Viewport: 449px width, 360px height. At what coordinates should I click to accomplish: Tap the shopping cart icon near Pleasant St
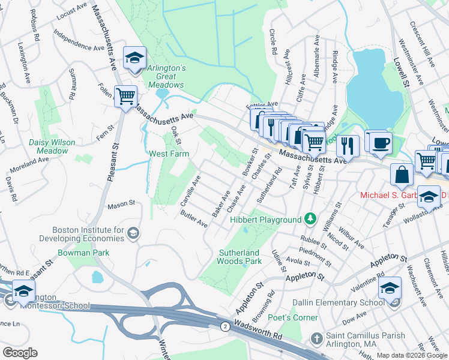[125, 96]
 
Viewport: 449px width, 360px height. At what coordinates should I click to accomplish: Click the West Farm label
[169, 154]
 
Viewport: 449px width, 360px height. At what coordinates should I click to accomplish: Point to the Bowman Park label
[83, 253]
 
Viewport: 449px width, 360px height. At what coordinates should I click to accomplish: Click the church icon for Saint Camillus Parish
[316, 340]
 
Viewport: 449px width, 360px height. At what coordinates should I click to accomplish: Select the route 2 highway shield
[224, 326]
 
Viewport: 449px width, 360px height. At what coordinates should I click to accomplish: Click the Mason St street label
[121, 205]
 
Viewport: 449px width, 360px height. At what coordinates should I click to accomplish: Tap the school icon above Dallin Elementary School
[390, 289]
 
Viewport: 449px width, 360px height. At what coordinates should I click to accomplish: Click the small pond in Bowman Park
[97, 277]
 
